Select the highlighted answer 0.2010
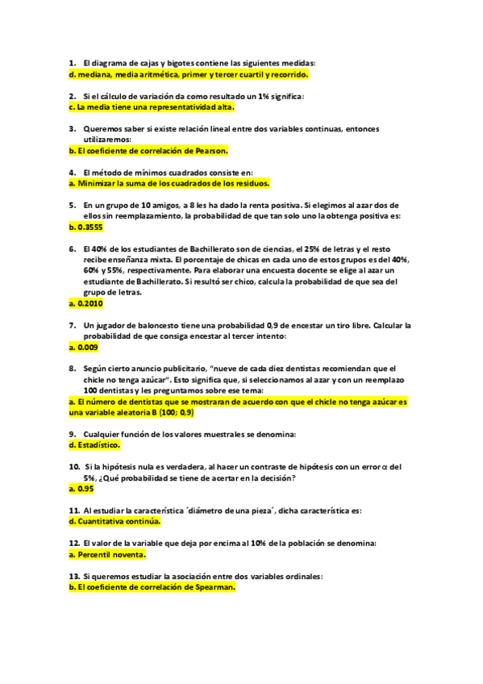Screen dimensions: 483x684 pyautogui.click(x=86, y=304)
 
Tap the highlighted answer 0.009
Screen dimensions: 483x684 pyautogui.click(x=84, y=347)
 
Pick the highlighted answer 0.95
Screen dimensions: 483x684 pyautogui.click(x=81, y=488)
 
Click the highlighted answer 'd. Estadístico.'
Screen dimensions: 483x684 pyautogui.click(x=94, y=445)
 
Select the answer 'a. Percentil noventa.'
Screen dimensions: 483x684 pyautogui.click(x=108, y=555)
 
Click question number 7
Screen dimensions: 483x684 pyautogui.click(x=73, y=325)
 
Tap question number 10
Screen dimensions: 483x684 pyautogui.click(x=74, y=467)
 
